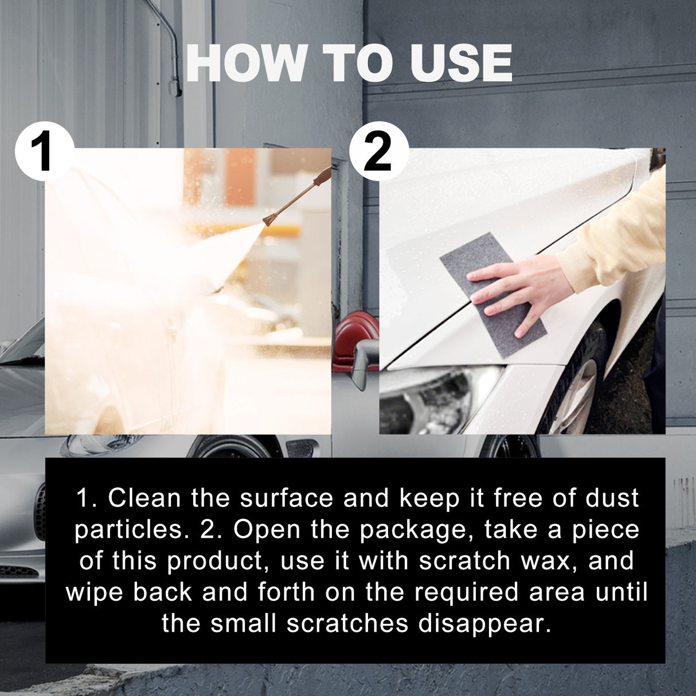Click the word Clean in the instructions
[144, 498]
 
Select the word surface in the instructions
[286, 498]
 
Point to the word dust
[612, 498]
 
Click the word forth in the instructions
[286, 592]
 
